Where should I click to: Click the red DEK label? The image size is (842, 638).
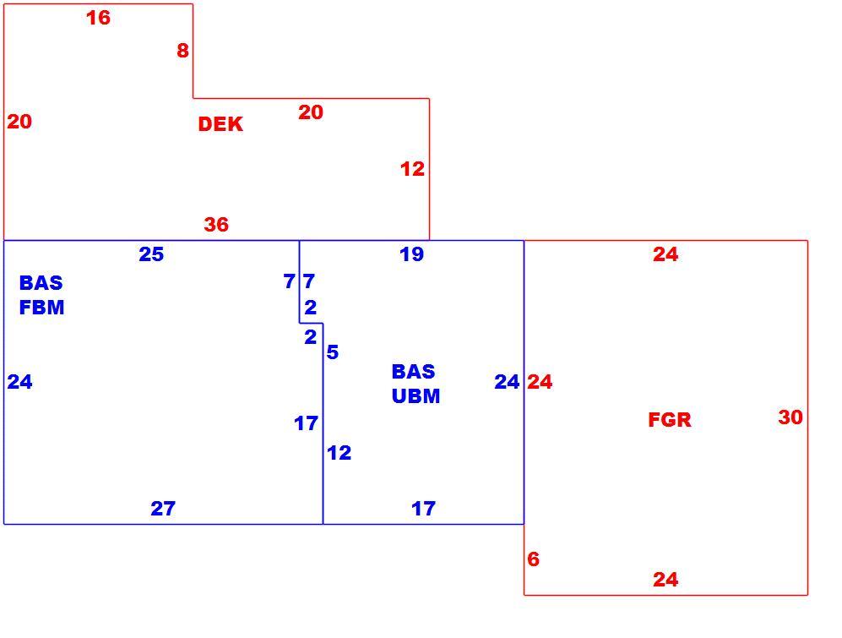(x=220, y=124)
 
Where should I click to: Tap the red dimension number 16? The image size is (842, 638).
(x=98, y=18)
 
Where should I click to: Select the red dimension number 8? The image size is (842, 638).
(x=182, y=51)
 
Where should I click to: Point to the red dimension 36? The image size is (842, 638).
(x=216, y=224)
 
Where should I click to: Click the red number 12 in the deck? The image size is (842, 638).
(x=412, y=169)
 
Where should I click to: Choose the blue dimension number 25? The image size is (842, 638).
(x=151, y=254)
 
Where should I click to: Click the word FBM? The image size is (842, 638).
(x=42, y=308)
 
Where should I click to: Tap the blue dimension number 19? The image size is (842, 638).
(x=412, y=254)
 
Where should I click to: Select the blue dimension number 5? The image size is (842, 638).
(x=333, y=352)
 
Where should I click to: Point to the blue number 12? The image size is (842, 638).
(x=340, y=453)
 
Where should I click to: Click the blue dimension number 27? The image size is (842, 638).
(x=163, y=509)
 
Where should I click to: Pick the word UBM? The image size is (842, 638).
(x=416, y=396)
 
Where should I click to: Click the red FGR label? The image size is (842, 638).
(x=670, y=420)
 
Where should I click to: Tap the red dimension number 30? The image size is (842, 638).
(x=790, y=417)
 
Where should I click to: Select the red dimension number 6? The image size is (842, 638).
(x=533, y=559)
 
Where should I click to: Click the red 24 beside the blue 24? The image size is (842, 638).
(x=540, y=382)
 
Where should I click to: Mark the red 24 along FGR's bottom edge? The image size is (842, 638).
(x=665, y=580)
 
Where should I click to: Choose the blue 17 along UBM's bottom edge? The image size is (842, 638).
(x=424, y=509)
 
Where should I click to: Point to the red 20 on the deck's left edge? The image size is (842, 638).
(x=19, y=122)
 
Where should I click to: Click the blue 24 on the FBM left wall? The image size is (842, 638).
(x=20, y=382)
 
